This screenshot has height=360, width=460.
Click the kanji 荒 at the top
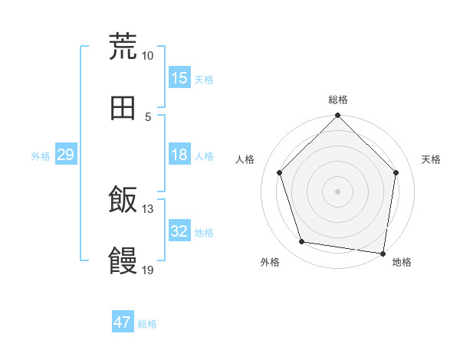tap(123, 46)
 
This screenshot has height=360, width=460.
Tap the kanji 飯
tap(123, 201)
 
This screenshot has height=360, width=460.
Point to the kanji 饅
tap(123, 261)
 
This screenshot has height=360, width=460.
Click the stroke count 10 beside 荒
tap(148, 55)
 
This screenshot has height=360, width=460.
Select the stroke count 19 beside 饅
tap(148, 270)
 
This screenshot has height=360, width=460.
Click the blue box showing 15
tap(179, 78)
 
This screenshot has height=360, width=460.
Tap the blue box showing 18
tap(179, 155)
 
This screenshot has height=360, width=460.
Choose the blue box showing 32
tap(179, 231)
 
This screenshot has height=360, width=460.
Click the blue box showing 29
tap(65, 155)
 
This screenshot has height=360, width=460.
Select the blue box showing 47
tap(123, 322)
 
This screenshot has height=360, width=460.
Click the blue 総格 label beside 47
tap(147, 324)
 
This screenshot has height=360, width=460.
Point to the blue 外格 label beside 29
tap(41, 156)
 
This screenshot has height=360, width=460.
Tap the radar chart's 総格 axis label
tap(338, 100)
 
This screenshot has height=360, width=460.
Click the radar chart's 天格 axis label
tap(431, 159)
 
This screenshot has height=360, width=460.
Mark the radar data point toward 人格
tap(280, 172)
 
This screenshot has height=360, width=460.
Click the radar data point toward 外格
tap(302, 242)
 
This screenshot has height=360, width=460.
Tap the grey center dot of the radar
tap(338, 191)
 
